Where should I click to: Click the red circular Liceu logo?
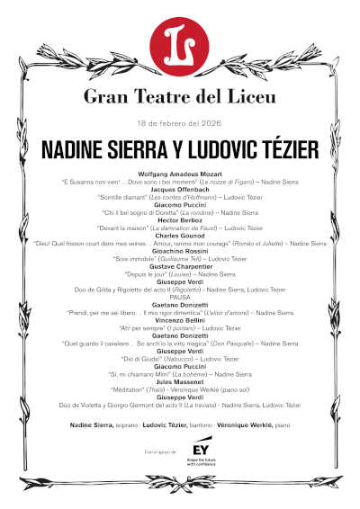click(x=180, y=41)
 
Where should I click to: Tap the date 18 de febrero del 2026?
click(x=180, y=121)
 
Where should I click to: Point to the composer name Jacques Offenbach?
click(x=180, y=190)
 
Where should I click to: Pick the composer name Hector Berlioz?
click(x=180, y=221)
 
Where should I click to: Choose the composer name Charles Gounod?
click(x=180, y=237)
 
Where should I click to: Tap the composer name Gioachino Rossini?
click(x=180, y=252)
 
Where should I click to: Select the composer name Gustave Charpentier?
click(x=180, y=267)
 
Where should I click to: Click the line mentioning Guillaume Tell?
click(x=180, y=259)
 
